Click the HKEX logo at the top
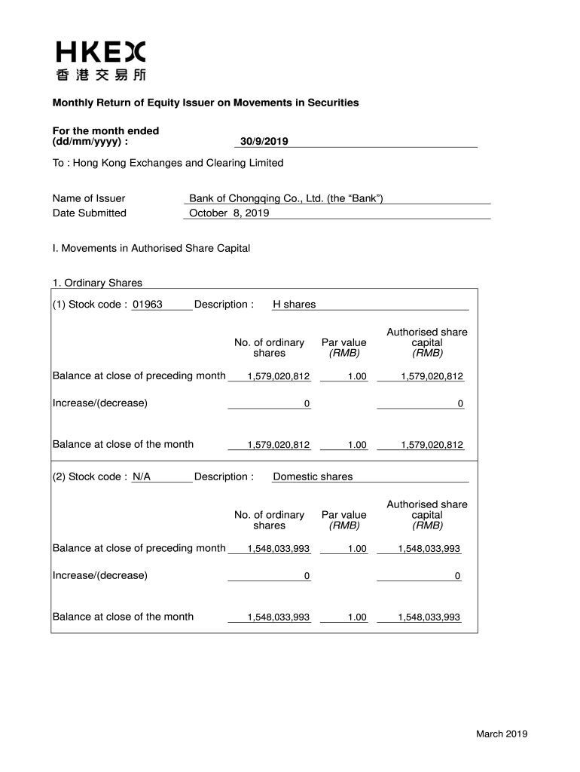tap(100, 52)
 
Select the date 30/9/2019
tap(264, 141)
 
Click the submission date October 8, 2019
tap(229, 213)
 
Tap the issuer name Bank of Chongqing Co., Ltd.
tap(286, 198)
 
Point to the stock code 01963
tap(147, 305)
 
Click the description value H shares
tap(294, 305)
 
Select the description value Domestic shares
tap(313, 476)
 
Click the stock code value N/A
tap(141, 476)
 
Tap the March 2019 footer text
tap(502, 734)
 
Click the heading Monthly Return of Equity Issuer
tap(205, 103)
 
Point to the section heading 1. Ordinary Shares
tap(97, 283)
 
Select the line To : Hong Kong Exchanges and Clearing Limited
tap(168, 163)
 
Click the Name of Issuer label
tap(89, 198)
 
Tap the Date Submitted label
tap(90, 213)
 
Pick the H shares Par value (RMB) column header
tap(343, 348)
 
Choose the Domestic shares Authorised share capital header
tap(427, 515)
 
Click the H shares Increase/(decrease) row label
tap(100, 403)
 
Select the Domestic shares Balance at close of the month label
tap(123, 617)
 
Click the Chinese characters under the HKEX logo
tap(100, 75)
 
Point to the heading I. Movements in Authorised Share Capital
tap(151, 248)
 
